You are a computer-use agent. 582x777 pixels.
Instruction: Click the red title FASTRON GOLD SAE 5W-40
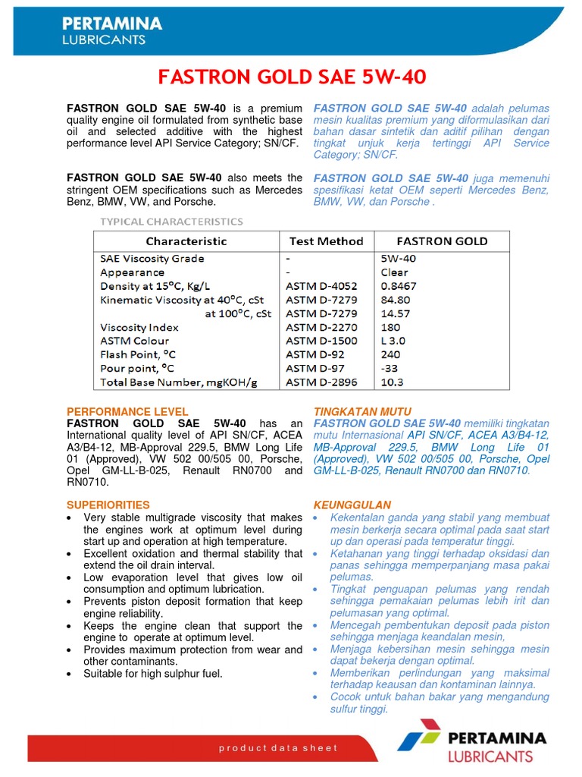[x=291, y=77]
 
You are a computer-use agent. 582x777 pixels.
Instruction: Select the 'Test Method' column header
[x=326, y=241]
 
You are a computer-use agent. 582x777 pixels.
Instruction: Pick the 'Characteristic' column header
[x=186, y=241]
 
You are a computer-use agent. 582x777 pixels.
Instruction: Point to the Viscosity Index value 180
[x=390, y=327]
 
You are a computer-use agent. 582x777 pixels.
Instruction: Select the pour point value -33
[x=390, y=368]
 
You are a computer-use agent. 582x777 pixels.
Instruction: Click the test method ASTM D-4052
[x=321, y=286]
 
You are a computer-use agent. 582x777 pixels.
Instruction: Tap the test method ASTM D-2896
[x=321, y=382]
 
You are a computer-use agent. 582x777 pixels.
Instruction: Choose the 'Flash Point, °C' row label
[x=138, y=354]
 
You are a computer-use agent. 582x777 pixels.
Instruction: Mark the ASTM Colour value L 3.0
[x=394, y=341]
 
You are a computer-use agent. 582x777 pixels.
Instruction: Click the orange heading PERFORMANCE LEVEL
[x=127, y=411]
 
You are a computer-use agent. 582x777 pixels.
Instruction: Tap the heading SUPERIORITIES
[x=108, y=505]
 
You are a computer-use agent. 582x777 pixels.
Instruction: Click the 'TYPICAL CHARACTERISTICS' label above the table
[x=172, y=222]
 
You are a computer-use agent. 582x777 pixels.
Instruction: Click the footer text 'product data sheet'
[x=278, y=748]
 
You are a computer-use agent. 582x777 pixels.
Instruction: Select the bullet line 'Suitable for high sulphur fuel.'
[x=153, y=673]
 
